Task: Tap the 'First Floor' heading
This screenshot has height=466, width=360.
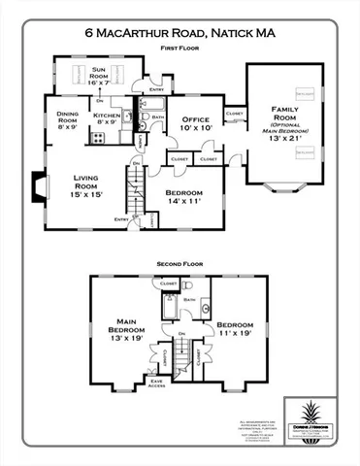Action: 180,45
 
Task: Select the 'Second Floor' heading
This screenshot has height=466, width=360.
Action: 180,263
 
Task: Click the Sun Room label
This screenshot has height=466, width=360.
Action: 100,75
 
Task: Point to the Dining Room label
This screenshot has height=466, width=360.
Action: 67,118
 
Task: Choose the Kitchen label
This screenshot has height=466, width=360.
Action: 106,118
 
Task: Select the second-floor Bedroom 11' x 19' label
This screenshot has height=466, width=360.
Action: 234,329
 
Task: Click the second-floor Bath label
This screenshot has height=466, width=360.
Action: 190,301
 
